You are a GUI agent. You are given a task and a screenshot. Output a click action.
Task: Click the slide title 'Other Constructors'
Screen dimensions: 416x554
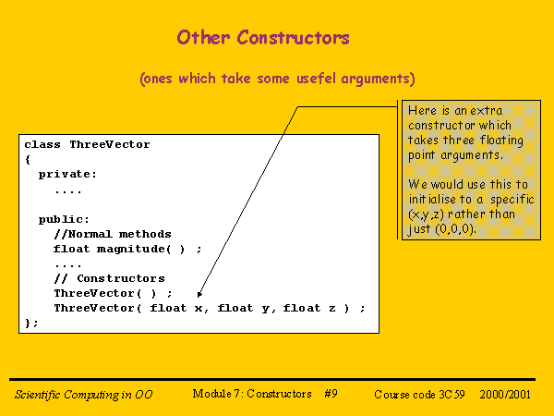[x=263, y=38]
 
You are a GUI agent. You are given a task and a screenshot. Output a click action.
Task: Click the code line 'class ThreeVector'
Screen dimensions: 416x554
[x=87, y=145]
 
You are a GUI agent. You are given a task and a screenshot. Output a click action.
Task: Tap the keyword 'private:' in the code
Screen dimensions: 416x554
[x=67, y=175]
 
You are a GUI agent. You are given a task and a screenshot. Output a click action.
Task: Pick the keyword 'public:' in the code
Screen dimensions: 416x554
[x=65, y=219]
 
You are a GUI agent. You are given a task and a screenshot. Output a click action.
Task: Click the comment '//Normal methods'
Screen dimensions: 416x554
[x=112, y=234]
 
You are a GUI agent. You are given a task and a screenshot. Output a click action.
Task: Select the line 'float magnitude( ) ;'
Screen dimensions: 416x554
[x=126, y=249]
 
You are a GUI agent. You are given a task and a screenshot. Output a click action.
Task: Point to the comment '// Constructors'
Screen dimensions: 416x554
[x=109, y=278]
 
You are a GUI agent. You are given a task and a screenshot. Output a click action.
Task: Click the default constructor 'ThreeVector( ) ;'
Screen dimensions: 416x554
[x=113, y=293]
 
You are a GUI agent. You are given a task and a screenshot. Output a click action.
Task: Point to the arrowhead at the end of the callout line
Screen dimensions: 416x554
[x=200, y=295]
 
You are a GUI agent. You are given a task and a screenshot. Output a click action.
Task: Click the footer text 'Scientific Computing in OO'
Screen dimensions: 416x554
[x=84, y=395]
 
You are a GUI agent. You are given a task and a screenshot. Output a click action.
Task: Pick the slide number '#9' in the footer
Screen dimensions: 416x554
[x=331, y=394]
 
